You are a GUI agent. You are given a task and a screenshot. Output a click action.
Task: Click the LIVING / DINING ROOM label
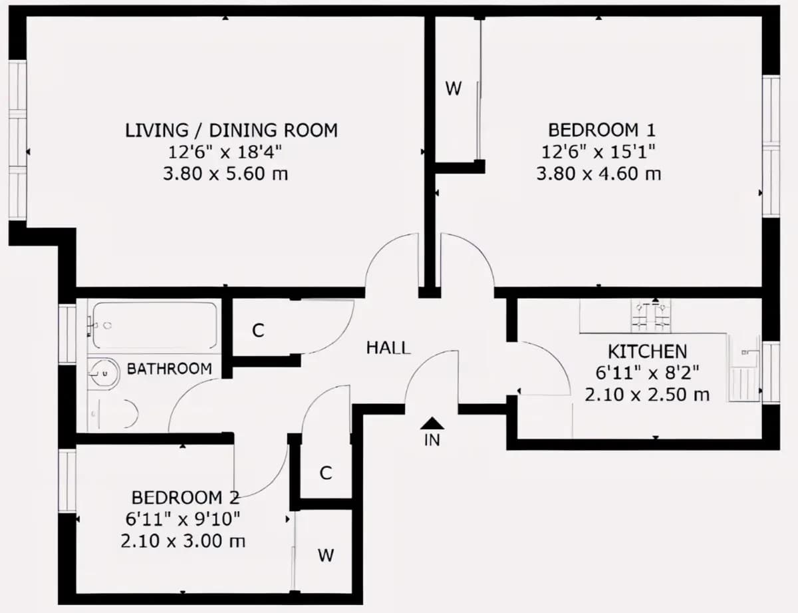click(x=231, y=130)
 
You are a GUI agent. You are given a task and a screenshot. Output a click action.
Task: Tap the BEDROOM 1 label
click(x=602, y=130)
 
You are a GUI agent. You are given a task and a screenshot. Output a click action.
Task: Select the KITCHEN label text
click(x=647, y=351)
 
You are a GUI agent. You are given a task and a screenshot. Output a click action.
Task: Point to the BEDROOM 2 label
click(x=186, y=498)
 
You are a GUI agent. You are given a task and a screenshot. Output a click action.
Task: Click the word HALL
click(x=388, y=348)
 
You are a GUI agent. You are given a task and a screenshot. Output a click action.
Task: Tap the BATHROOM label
click(x=170, y=369)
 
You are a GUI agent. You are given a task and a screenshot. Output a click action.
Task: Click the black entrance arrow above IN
click(x=432, y=423)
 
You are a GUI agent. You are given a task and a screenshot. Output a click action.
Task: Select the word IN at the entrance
click(x=432, y=440)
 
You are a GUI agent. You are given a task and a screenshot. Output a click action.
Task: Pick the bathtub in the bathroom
click(x=154, y=325)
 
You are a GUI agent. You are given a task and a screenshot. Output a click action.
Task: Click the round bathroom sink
click(x=104, y=374)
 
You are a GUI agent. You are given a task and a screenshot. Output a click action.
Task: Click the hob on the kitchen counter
click(x=651, y=315)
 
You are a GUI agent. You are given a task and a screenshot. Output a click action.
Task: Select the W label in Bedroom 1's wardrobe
click(x=454, y=89)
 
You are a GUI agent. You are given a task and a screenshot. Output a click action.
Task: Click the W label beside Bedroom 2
click(x=326, y=555)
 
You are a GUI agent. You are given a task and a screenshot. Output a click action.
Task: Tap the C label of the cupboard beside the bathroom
click(x=258, y=331)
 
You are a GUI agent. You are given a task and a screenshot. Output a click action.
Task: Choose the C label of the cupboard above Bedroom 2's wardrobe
click(x=326, y=473)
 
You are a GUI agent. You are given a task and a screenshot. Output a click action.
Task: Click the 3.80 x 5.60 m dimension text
click(x=225, y=174)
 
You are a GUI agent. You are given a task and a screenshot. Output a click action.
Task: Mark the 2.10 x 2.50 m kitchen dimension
click(x=646, y=395)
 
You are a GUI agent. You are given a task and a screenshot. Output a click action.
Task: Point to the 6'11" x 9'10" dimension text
click(x=183, y=519)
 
